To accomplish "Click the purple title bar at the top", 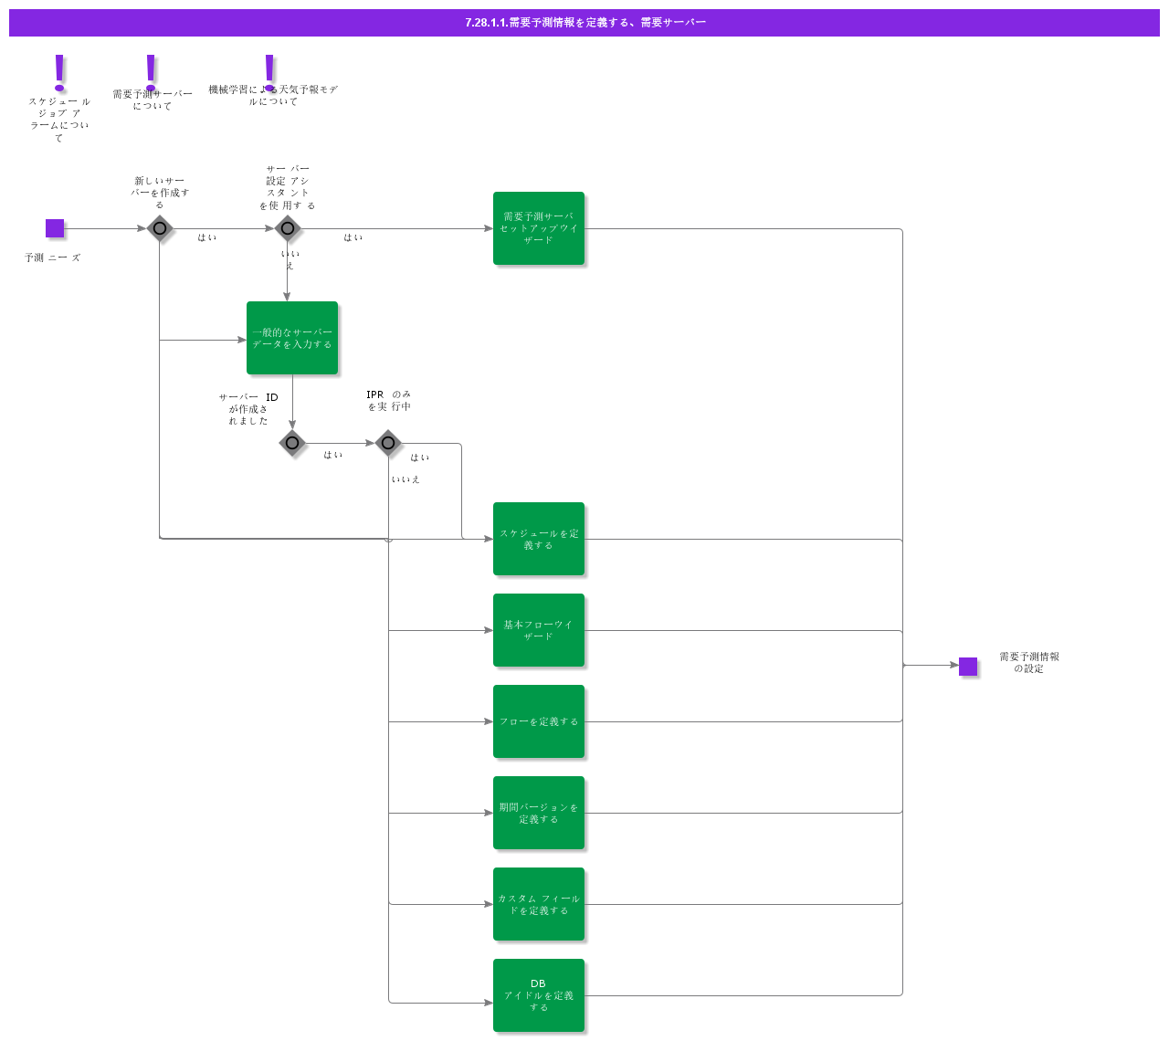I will click(584, 23).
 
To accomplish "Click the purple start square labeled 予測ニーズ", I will click(55, 228).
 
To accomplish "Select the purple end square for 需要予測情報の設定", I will click(968, 667).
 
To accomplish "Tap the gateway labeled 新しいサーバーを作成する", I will click(160, 228).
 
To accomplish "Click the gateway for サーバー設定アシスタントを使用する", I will click(288, 228).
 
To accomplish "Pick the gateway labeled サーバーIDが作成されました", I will click(292, 443).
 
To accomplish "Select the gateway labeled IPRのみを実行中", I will click(388, 443).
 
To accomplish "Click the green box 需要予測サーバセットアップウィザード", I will click(539, 228).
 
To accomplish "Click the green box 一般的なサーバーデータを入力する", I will click(292, 338).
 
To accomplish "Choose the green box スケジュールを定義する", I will click(539, 539).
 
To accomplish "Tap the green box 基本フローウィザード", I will click(539, 630).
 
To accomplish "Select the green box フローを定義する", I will click(539, 721).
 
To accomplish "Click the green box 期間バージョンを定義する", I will click(539, 813).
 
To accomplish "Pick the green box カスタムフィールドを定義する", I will click(539, 904).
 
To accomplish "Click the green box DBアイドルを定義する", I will click(539, 995).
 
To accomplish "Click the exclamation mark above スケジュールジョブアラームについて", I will click(60, 72).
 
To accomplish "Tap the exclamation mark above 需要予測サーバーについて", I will click(152, 70).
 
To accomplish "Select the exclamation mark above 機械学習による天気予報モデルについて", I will click(269, 70).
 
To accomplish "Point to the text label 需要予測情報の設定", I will click(1029, 663).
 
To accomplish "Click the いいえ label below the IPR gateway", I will click(405, 479).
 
